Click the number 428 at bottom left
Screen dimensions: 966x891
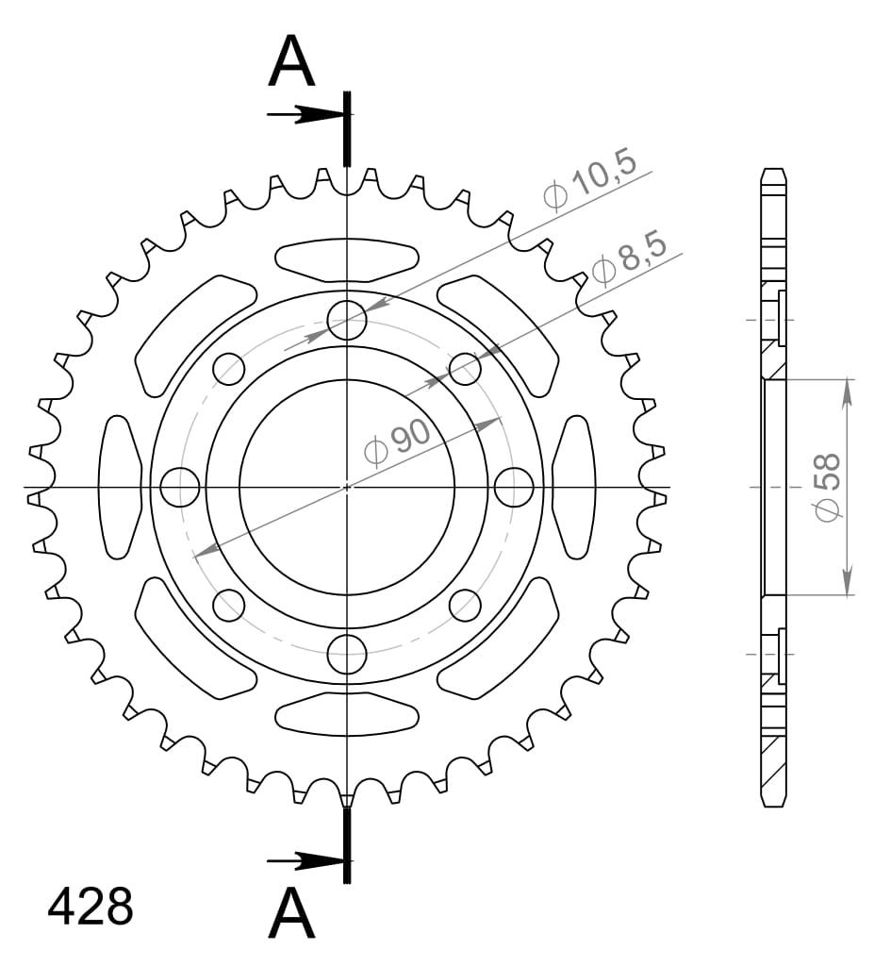[91, 908]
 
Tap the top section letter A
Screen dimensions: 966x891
[291, 63]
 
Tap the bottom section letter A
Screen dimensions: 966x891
[291, 914]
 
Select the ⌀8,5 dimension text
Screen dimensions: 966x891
[630, 257]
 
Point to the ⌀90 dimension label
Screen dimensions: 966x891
[397, 441]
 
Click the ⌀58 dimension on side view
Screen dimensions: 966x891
[827, 488]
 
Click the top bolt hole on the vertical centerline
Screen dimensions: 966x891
[347, 321]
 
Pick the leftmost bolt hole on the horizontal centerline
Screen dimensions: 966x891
[180, 488]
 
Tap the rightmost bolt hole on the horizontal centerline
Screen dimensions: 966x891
[514, 488]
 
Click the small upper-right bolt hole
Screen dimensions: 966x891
[464, 369]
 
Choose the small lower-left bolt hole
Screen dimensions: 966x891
[229, 605]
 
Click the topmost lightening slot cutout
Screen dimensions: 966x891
[347, 258]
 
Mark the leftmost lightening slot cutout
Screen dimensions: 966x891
[120, 487]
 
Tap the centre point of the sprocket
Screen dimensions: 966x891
[347, 488]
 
